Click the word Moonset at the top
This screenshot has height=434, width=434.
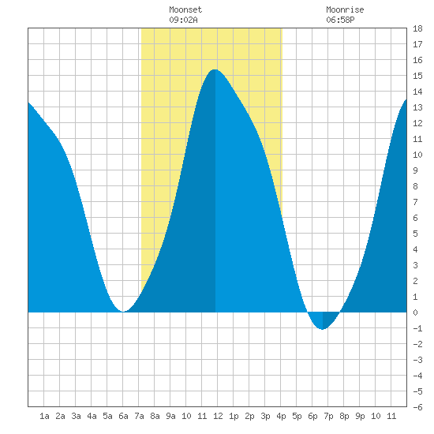click(185, 9)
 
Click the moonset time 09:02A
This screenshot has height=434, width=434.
click(183, 20)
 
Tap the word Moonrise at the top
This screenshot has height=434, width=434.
click(345, 9)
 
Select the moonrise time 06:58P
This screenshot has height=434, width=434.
click(340, 20)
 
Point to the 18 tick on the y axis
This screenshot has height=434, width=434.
click(417, 28)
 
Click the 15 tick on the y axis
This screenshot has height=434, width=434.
click(417, 76)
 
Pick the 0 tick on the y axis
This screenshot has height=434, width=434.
click(415, 312)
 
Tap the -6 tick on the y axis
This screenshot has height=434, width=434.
click(417, 407)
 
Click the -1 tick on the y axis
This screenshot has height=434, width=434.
click(417, 328)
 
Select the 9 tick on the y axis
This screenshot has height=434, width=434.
click(415, 170)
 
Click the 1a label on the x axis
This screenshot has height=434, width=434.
click(44, 416)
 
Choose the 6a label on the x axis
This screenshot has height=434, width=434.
click(123, 416)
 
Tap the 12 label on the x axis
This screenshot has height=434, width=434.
click(218, 416)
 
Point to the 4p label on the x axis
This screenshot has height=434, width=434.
click(281, 416)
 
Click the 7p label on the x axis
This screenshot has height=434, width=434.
click(328, 416)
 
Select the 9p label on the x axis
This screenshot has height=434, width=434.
click(360, 416)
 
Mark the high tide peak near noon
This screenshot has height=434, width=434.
click(215, 69)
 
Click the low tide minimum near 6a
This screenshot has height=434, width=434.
click(123, 312)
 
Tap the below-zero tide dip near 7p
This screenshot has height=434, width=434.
click(323, 329)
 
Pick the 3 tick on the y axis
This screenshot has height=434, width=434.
click(415, 265)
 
